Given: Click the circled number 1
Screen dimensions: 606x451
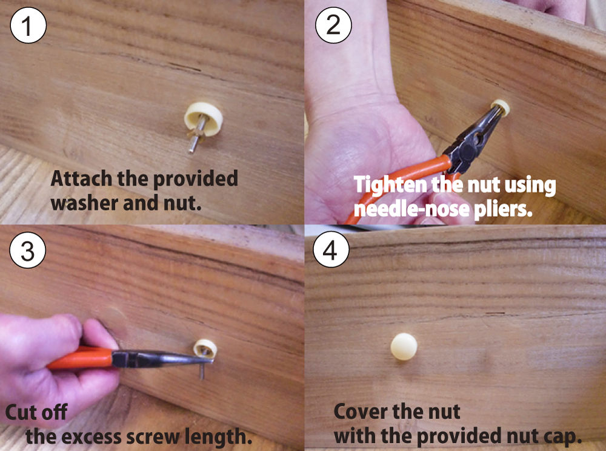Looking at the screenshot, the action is tap(28, 25).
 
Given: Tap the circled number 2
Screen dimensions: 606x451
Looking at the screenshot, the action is tap(333, 25).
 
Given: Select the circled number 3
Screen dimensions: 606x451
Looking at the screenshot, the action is tap(27, 250).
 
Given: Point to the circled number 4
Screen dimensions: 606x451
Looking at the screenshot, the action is tap(331, 249).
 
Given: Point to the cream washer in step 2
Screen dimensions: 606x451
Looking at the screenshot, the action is tap(502, 107).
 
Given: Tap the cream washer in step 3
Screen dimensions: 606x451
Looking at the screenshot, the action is tap(205, 348).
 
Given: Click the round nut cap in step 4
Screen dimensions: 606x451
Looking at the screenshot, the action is tap(404, 347).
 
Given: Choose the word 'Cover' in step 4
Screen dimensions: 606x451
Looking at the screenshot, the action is tap(367, 412).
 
